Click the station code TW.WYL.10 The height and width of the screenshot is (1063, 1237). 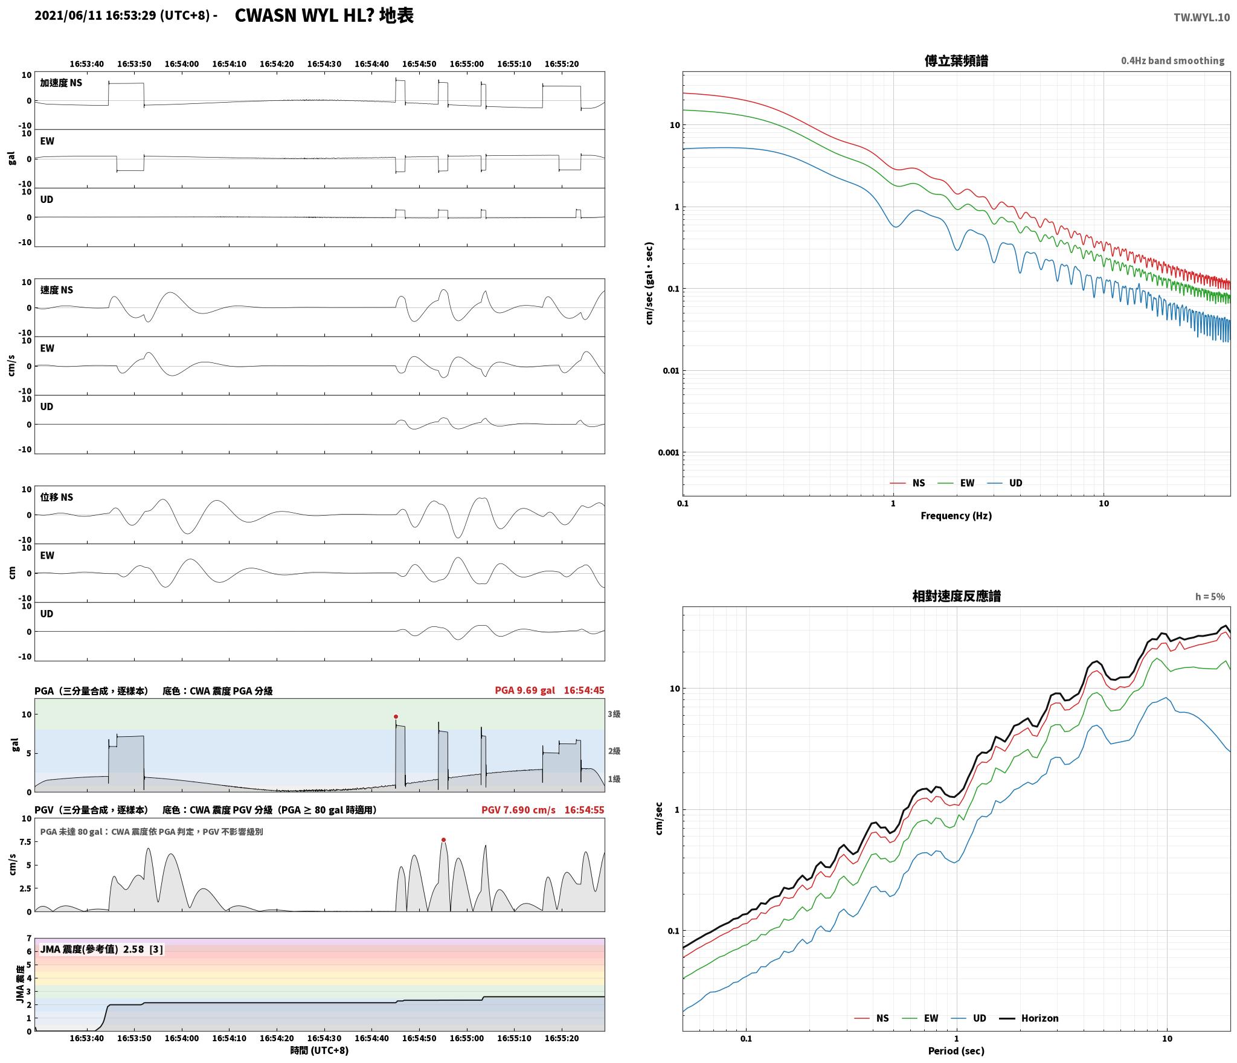pos(1201,18)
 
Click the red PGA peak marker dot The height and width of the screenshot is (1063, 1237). pos(396,716)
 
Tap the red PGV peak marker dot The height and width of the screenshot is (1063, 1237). pos(443,840)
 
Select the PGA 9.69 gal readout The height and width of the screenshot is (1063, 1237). pos(524,690)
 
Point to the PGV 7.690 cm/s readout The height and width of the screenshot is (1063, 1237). pos(518,810)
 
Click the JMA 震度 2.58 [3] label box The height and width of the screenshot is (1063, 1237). pos(101,949)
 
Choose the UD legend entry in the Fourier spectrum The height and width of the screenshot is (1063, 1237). pos(1005,483)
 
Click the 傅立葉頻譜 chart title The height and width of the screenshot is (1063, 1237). pos(956,61)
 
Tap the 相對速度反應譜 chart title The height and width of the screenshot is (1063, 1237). pos(956,596)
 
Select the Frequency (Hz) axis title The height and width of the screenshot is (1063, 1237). pos(956,515)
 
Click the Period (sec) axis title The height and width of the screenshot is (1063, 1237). pos(956,1051)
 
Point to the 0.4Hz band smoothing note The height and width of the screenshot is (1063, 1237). pos(1172,60)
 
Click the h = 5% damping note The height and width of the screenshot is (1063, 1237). pos(1210,597)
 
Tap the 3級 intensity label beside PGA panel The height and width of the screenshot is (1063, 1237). pos(614,714)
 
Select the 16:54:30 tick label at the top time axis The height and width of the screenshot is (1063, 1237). pos(324,64)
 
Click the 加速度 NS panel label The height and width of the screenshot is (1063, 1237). pos(61,83)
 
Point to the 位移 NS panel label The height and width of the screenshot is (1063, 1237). pos(57,497)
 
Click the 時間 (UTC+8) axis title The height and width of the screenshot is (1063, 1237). pos(320,1050)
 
